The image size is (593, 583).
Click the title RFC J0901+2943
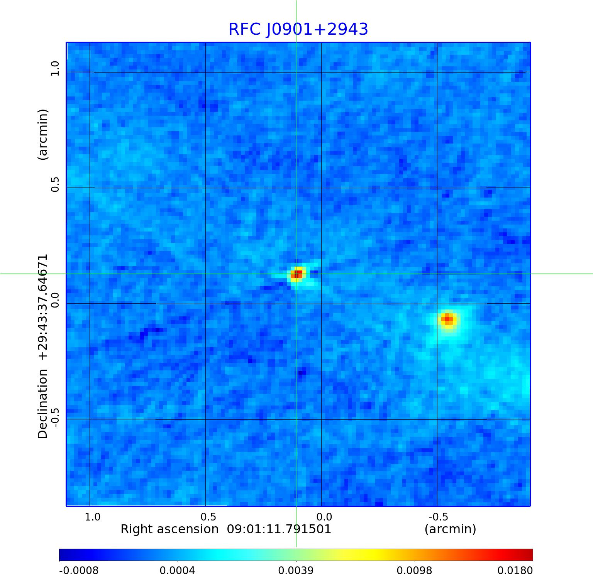tap(298, 29)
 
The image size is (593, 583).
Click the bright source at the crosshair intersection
tap(297, 274)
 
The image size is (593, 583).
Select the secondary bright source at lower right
tap(448, 319)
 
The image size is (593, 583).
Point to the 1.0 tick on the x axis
tap(93, 517)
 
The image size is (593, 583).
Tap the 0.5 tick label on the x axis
tap(208, 517)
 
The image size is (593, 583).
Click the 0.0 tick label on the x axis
tap(324, 517)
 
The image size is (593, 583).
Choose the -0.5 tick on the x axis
tap(438, 517)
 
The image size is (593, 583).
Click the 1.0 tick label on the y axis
tap(55, 68)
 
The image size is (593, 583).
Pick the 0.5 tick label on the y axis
tap(55, 184)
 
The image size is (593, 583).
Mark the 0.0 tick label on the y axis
tap(55, 300)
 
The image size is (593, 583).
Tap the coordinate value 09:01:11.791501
tap(279, 529)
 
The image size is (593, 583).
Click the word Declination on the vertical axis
tap(42, 404)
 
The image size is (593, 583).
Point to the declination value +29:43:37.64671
tap(42, 307)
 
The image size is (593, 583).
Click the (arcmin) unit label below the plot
tap(450, 529)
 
